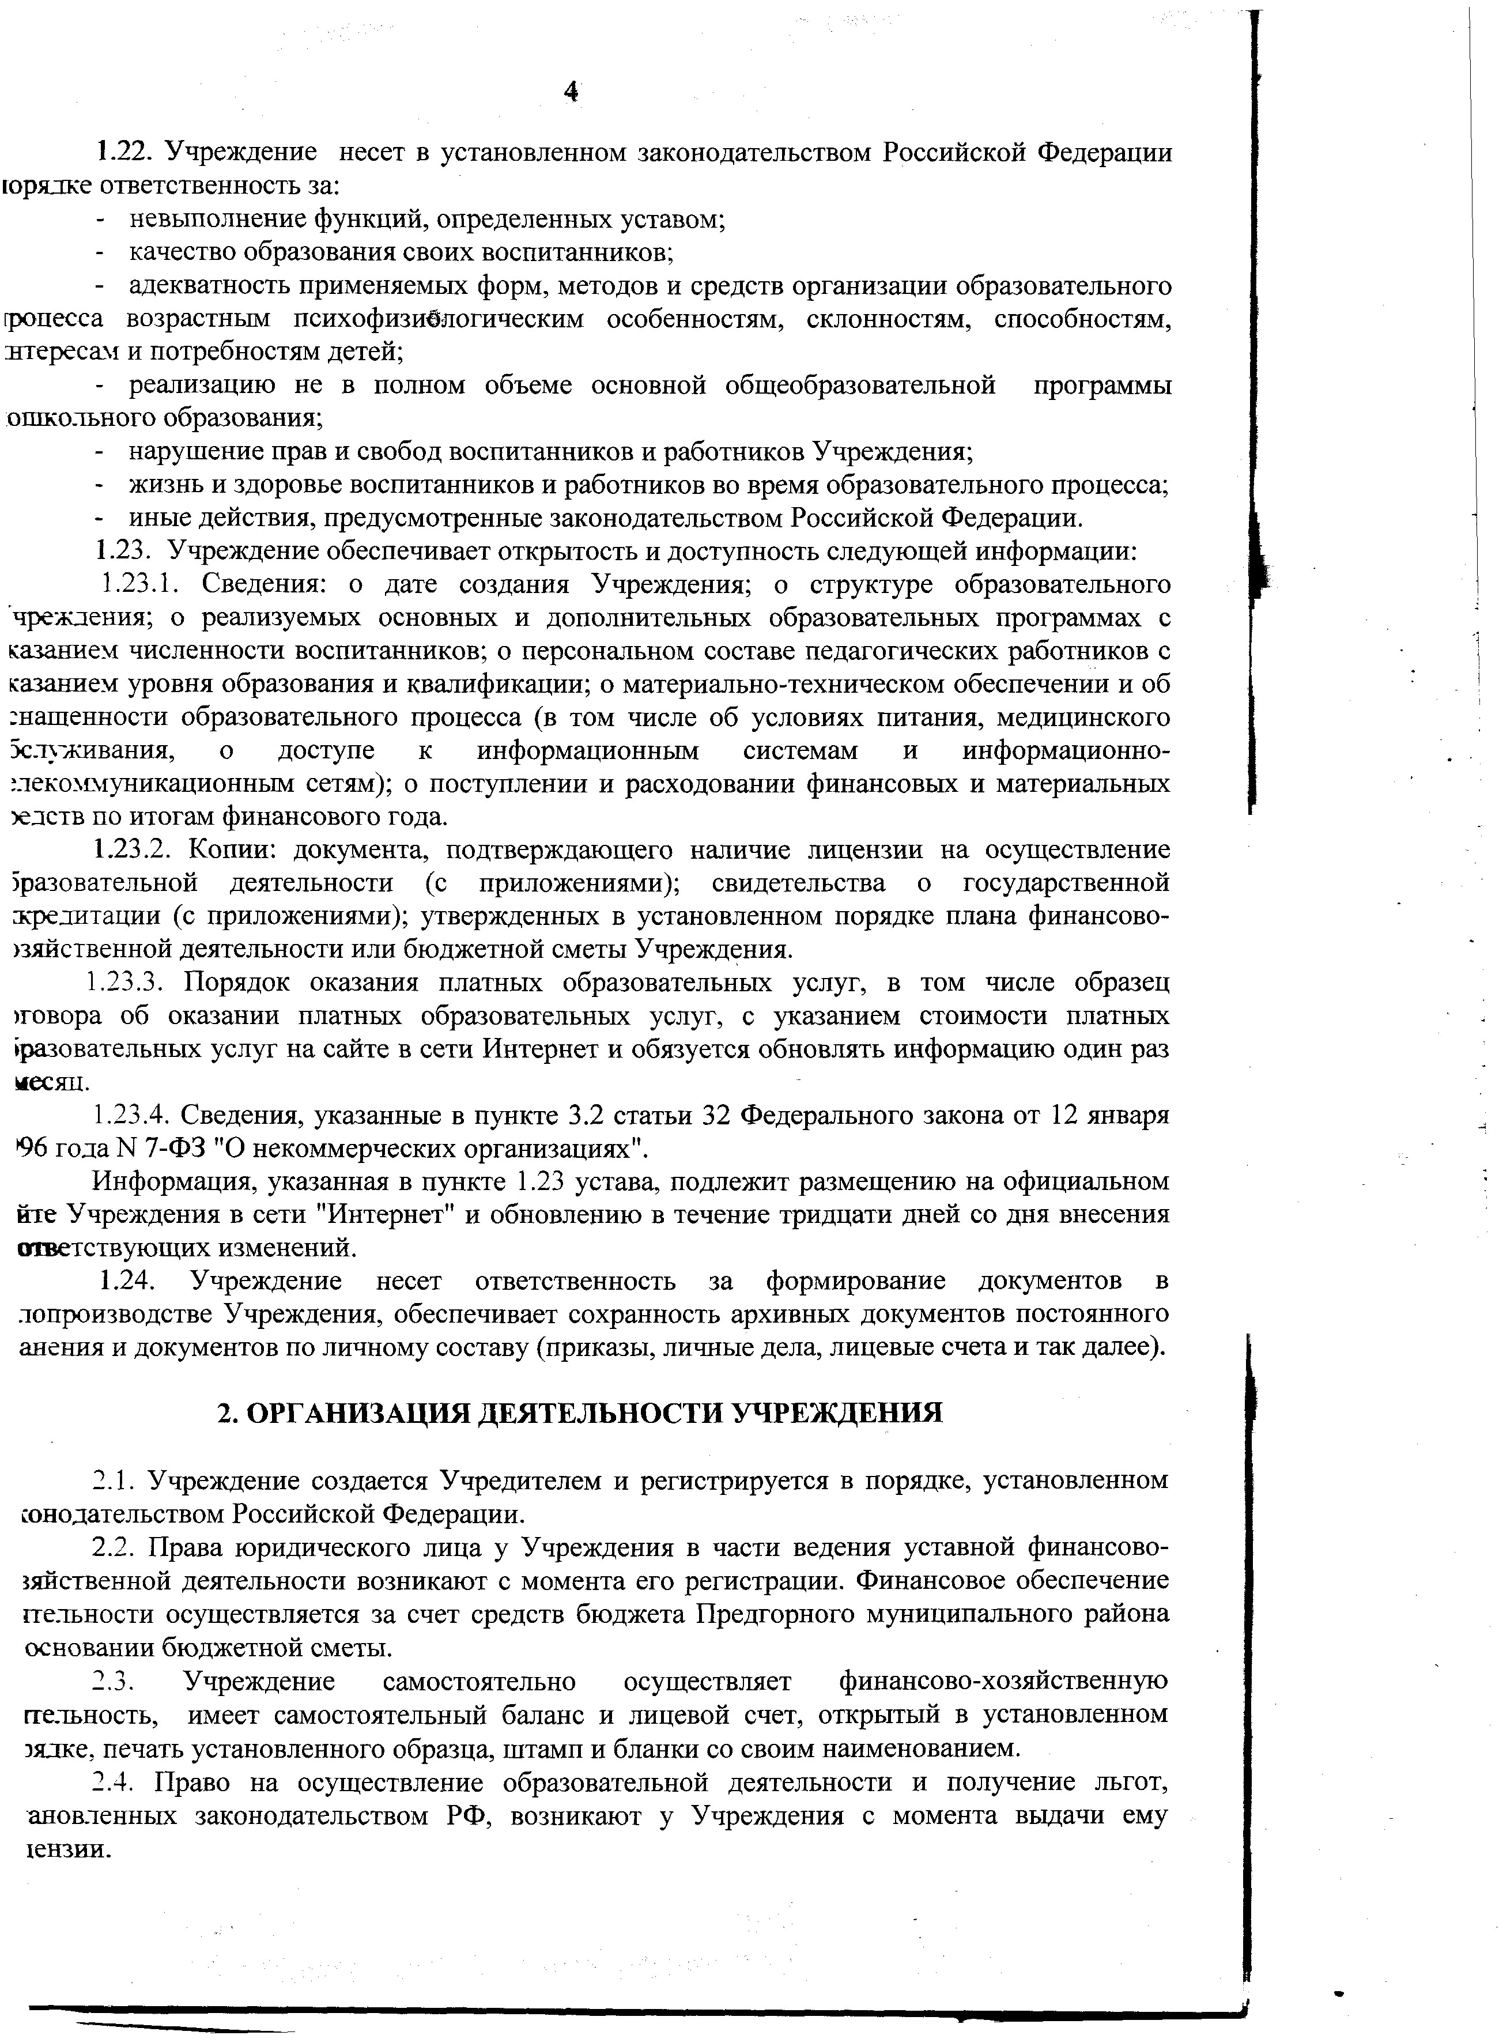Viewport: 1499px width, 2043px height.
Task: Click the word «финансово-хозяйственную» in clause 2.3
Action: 1003,1681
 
